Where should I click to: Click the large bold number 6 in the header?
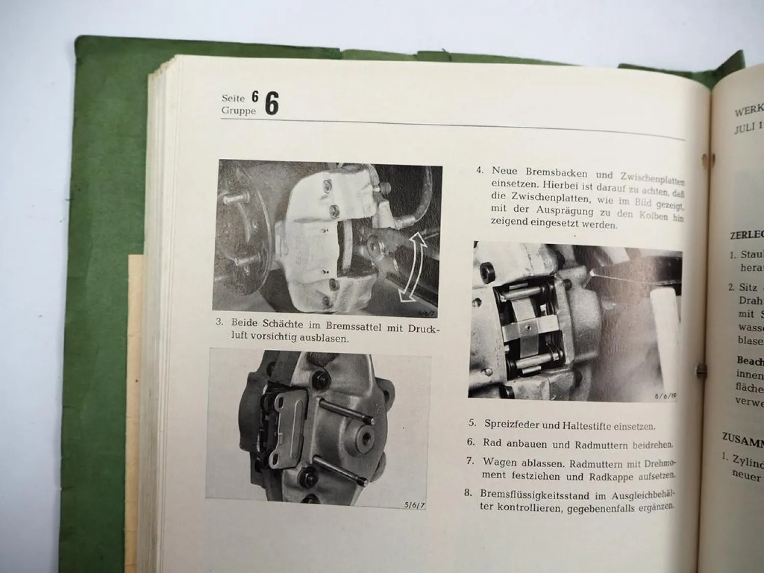[272, 104]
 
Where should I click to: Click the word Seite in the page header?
[233, 98]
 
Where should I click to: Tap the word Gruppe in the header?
[238, 111]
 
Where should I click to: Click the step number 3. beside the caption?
[220, 322]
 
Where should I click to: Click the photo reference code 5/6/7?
[414, 505]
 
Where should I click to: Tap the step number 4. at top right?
[480, 170]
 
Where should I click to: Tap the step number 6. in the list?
[471, 442]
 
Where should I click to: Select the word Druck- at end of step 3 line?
[424, 329]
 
